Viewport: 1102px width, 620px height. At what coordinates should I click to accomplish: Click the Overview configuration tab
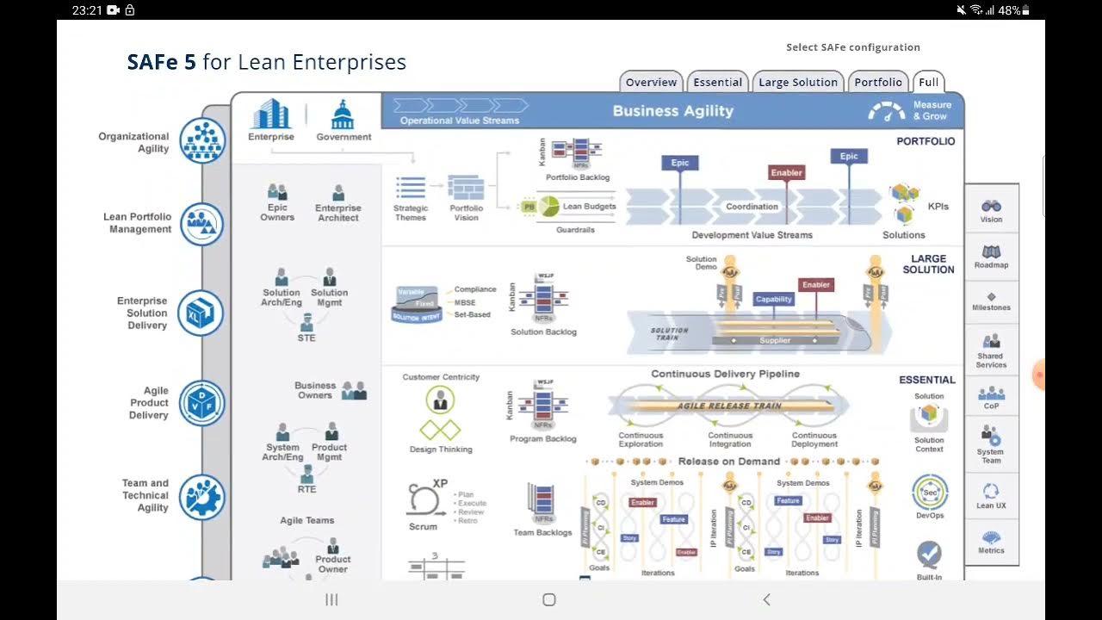[651, 83]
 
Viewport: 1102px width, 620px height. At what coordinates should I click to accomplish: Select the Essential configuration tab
[717, 83]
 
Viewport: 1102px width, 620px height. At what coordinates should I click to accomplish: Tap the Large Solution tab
[798, 83]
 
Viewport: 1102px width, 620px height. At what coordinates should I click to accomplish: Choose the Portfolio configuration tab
[878, 83]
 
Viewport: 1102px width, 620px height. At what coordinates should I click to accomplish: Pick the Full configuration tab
[928, 83]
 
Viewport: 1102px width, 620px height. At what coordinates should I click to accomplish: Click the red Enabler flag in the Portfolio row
[786, 172]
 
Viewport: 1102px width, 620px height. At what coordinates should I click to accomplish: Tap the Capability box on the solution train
[773, 299]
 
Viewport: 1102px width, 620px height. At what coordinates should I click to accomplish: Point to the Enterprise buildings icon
[270, 114]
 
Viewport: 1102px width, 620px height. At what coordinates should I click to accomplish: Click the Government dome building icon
[344, 114]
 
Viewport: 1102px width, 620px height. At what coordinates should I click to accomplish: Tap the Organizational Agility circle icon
[202, 140]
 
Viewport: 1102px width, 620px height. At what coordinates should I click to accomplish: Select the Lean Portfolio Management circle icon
[202, 224]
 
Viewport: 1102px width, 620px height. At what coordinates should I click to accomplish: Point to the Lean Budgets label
[589, 207]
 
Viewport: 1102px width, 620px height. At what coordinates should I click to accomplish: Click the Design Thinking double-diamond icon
[440, 430]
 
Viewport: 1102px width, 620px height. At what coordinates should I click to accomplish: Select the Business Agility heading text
[672, 110]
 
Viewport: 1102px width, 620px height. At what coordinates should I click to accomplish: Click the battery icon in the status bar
[1025, 10]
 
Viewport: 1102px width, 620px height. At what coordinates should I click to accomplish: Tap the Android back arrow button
[766, 599]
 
